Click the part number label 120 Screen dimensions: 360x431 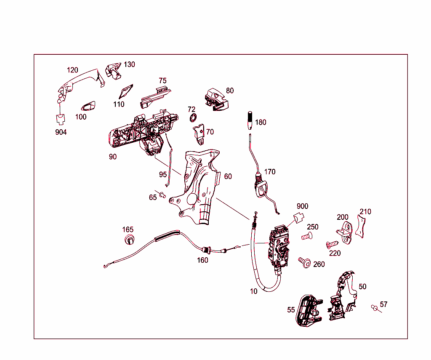[x=73, y=70]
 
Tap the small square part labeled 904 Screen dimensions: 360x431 [x=61, y=119]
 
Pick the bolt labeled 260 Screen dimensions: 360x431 [x=305, y=263]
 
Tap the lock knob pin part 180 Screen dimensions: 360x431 [x=249, y=121]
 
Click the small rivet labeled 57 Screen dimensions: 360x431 [x=374, y=307]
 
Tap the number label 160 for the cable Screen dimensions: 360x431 [x=202, y=260]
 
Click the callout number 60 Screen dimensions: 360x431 [x=228, y=176]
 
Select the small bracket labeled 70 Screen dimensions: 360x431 [x=199, y=134]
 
